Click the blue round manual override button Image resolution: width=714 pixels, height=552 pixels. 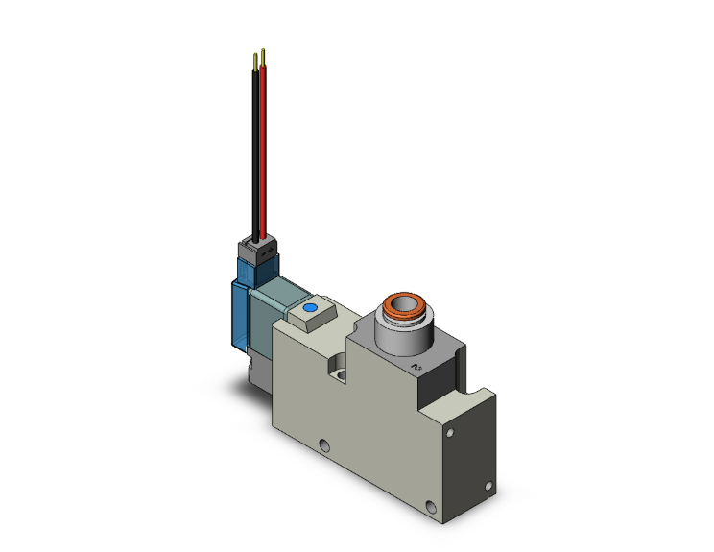[x=310, y=309]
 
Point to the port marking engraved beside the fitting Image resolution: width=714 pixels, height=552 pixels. [x=416, y=366]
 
